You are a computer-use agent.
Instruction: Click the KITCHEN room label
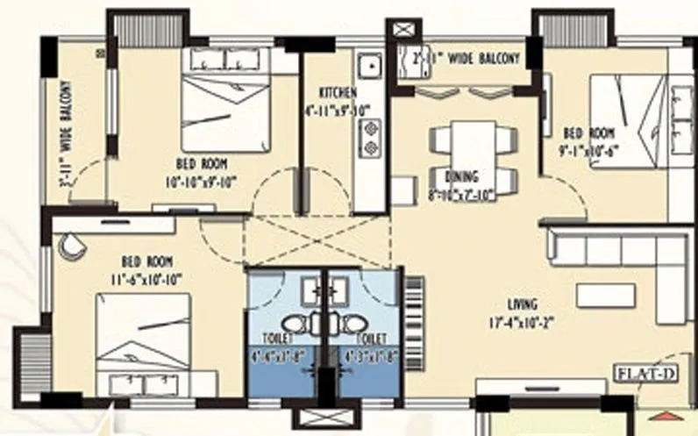click(338, 92)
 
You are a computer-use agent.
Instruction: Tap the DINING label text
click(460, 175)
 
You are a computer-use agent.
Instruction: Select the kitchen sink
click(369, 65)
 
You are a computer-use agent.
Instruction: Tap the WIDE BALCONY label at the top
click(466, 59)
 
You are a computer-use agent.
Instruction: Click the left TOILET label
click(277, 338)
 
